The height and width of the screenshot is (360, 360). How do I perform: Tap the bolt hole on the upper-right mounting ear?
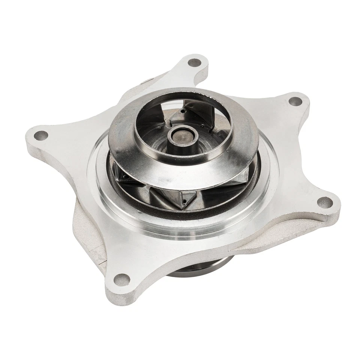tap(296, 101)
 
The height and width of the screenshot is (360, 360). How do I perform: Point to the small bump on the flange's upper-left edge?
tap(145, 81)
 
